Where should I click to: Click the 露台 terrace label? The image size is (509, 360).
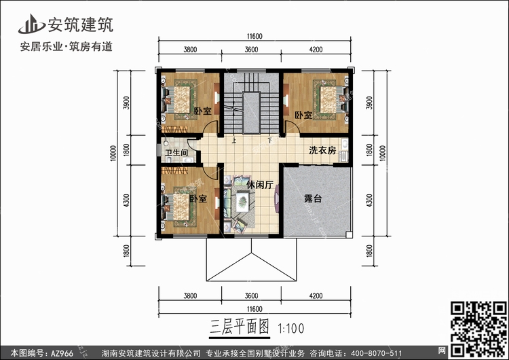tap(313, 198)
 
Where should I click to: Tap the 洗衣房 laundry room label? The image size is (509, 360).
tap(322, 150)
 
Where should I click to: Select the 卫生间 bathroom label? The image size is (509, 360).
tap(176, 152)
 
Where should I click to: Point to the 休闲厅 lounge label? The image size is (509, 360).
tap(260, 185)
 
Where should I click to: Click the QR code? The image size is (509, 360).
tap(479, 328)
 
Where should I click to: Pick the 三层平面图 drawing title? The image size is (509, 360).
tap(240, 327)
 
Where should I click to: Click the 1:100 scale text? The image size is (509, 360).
tap(291, 329)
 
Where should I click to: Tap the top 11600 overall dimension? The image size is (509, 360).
tap(254, 37)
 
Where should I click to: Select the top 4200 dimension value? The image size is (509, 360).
tap(316, 50)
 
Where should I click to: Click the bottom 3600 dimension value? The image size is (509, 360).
tap(252, 295)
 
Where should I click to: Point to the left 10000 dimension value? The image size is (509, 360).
tap(113, 154)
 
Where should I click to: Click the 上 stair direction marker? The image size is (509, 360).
tap(233, 141)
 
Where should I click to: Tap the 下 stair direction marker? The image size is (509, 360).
tap(269, 141)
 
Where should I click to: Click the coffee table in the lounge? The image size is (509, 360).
tap(242, 202)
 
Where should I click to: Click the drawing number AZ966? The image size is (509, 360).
tap(62, 353)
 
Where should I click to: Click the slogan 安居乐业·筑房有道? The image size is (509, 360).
tap(67, 47)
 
